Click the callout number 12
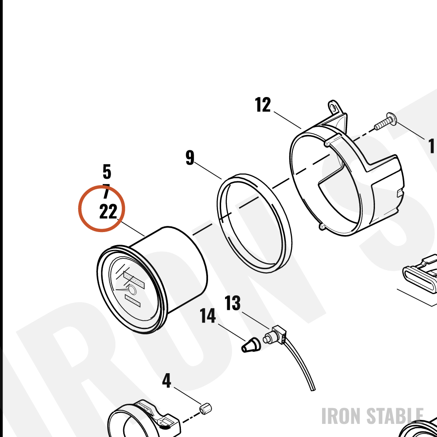click(263, 105)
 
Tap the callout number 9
click(190, 158)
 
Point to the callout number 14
click(208, 316)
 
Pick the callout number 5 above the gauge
click(107, 172)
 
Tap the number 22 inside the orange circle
click(108, 212)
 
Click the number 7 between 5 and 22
click(106, 191)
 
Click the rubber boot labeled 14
click(250, 345)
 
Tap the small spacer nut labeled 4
click(206, 409)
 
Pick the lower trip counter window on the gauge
click(133, 301)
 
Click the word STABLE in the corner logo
click(395, 416)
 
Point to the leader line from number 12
click(288, 120)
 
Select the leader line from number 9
click(208, 170)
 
